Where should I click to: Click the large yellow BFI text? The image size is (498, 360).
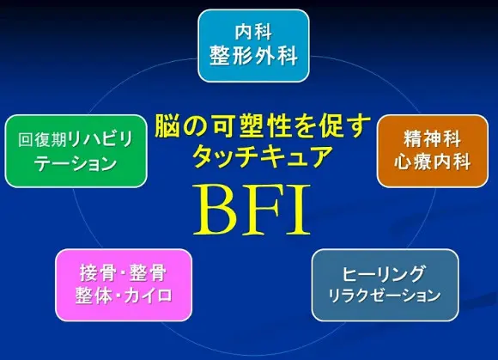point(252,210)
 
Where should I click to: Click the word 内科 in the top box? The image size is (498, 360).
point(253,32)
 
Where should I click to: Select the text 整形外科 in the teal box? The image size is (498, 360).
point(253,55)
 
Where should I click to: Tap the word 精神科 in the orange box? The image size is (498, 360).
point(432,138)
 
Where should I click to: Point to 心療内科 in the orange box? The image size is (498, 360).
point(432,162)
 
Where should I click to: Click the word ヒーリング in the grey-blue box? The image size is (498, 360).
point(384,273)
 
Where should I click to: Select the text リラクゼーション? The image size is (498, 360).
point(385,296)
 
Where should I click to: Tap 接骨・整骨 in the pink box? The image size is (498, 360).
point(124,273)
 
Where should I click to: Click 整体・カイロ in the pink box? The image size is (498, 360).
point(124,296)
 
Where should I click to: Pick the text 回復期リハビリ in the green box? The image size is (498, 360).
point(76,139)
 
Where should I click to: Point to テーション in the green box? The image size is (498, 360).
point(76,163)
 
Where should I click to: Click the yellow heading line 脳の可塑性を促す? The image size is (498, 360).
point(263,126)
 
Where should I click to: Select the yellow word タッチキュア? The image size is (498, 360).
point(263,156)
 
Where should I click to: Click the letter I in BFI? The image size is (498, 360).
point(299,210)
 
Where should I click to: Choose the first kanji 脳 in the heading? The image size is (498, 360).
point(167,126)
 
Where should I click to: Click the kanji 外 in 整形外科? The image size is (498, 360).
point(264,55)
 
